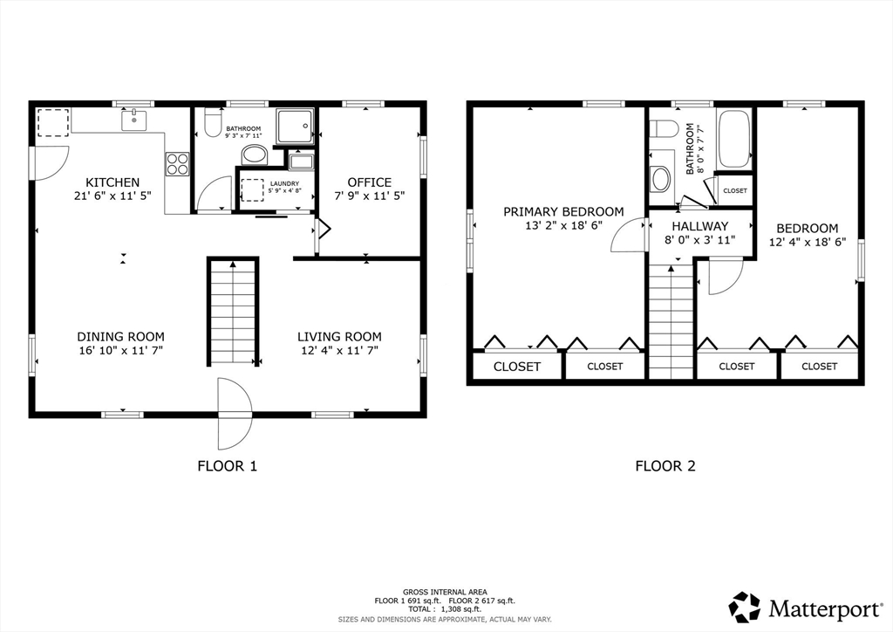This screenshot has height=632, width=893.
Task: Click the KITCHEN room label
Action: (x=112, y=182)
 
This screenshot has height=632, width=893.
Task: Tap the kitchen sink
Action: (x=133, y=120)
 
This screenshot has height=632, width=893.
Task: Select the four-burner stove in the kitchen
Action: (x=177, y=163)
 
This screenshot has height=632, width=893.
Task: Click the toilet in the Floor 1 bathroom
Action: (x=213, y=123)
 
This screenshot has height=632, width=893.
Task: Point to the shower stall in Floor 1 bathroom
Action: (x=295, y=126)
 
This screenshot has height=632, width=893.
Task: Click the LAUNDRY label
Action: (x=285, y=183)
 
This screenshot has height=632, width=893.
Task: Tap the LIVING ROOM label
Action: (x=339, y=337)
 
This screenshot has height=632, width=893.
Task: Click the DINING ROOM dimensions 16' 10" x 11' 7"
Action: (x=120, y=350)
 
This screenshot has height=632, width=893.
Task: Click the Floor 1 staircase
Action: (x=233, y=312)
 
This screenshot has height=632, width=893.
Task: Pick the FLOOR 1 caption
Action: (x=228, y=466)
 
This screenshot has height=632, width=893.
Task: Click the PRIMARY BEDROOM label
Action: (x=563, y=212)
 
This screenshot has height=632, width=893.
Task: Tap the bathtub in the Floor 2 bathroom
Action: (x=733, y=139)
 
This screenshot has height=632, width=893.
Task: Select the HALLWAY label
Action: (x=700, y=226)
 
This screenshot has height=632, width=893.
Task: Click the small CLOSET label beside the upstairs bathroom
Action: (x=734, y=191)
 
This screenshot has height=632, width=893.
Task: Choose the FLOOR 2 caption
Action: (x=665, y=466)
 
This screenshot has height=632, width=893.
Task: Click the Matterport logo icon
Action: (x=745, y=607)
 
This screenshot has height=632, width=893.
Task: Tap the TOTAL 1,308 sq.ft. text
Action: (x=444, y=609)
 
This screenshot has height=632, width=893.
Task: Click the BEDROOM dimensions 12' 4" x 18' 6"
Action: (x=808, y=242)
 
